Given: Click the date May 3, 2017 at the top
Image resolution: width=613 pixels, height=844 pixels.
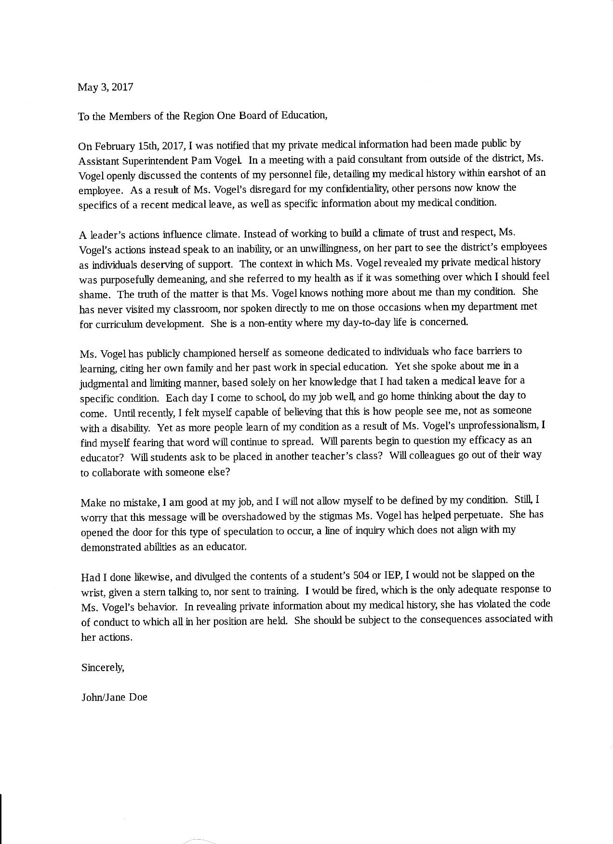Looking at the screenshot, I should (105, 87).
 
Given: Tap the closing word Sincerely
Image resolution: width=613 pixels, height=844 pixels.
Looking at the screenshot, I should (103, 668).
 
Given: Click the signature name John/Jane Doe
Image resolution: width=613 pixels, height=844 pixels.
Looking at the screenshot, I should (114, 697).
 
